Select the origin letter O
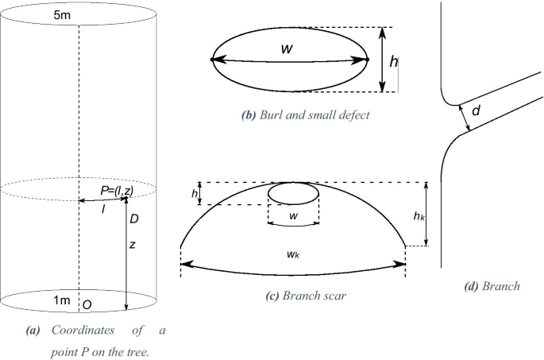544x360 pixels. (87, 304)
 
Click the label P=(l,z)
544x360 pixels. (118, 190)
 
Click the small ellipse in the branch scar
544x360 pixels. (295, 193)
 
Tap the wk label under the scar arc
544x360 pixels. (292, 254)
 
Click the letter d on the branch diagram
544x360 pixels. (476, 112)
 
